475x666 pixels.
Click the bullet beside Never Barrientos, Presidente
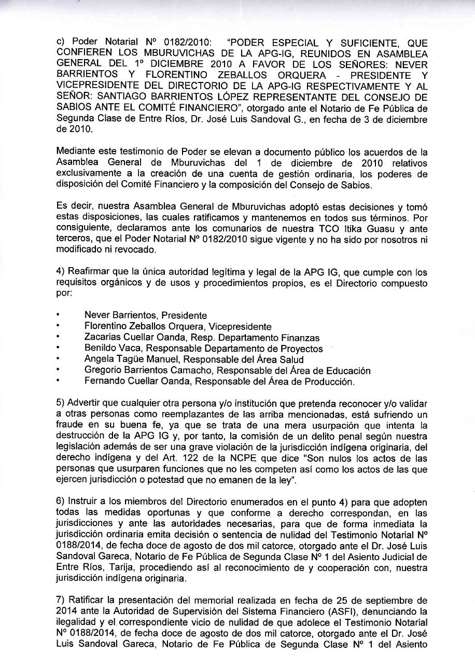(x=59, y=315)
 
